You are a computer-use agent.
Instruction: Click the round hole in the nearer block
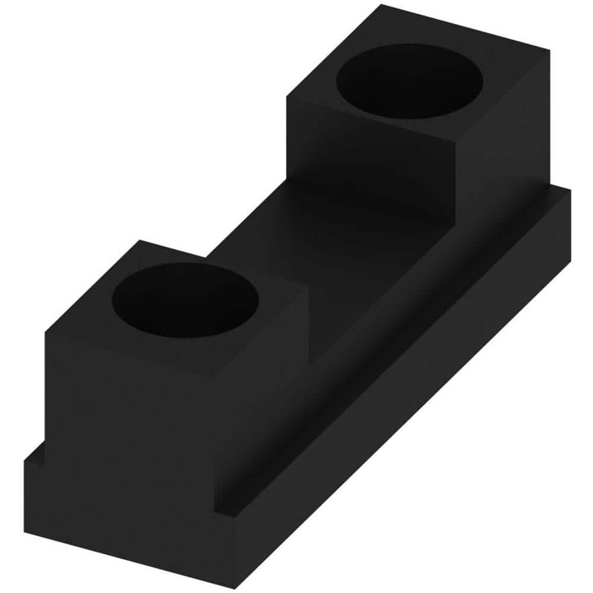tap(185, 300)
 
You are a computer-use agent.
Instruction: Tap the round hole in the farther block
tap(409, 81)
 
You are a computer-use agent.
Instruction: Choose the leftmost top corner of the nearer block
tap(46, 333)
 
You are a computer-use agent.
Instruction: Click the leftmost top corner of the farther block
tap(287, 98)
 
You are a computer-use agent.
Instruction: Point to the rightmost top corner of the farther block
tap(549, 50)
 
